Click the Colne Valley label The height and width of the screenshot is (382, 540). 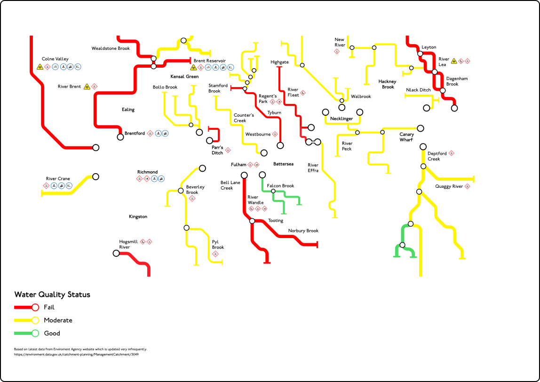(x=55, y=59)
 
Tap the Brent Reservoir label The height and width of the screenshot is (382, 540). (x=209, y=61)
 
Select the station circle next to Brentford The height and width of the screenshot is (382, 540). (x=120, y=137)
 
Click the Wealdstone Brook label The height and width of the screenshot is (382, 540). (x=111, y=48)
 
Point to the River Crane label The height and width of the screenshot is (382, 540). (x=58, y=179)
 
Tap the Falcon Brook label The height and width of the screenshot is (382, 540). (x=280, y=186)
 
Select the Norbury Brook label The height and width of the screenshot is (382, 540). (x=303, y=231)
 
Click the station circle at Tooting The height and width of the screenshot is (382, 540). (x=252, y=221)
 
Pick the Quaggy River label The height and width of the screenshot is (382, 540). (x=449, y=186)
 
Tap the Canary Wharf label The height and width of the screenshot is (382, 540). (x=406, y=137)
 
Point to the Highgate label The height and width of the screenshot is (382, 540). (x=279, y=62)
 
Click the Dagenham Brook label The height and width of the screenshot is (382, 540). (x=457, y=81)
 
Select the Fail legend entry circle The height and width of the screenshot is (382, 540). (x=35, y=307)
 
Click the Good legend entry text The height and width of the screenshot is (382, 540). (x=52, y=334)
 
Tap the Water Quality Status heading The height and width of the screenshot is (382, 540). (x=52, y=295)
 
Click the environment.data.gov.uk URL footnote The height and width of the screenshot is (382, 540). (x=76, y=354)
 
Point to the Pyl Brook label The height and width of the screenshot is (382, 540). (x=218, y=245)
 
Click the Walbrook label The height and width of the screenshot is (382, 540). (x=361, y=96)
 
